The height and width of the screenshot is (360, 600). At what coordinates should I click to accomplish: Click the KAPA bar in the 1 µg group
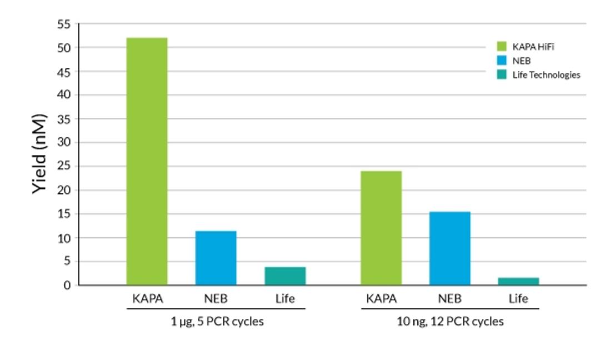(147, 161)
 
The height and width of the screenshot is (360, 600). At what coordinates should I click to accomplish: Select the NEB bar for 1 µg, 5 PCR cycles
(216, 258)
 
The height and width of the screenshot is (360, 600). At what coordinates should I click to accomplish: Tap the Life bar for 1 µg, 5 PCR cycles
(285, 276)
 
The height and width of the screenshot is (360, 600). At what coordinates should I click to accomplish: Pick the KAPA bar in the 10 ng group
(381, 228)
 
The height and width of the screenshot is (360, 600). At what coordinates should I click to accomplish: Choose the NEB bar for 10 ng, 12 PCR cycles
(450, 248)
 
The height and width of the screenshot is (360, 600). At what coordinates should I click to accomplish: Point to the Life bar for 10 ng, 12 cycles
(518, 281)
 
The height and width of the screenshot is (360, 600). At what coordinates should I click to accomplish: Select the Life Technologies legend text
(546, 74)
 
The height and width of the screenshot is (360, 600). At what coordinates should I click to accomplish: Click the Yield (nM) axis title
(39, 154)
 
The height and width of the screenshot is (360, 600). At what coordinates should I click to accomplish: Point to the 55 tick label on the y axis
(64, 24)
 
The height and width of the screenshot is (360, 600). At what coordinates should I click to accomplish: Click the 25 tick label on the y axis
(64, 166)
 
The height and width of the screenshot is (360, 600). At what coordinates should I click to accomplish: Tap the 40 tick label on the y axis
(64, 95)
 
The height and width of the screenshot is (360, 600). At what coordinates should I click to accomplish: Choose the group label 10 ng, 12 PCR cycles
(451, 322)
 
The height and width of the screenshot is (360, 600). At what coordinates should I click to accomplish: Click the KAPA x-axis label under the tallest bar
(147, 299)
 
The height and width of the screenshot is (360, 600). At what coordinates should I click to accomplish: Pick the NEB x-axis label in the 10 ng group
(450, 299)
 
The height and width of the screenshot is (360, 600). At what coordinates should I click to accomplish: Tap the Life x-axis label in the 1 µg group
(286, 299)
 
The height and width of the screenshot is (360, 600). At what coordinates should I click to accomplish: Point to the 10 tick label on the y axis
(64, 238)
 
